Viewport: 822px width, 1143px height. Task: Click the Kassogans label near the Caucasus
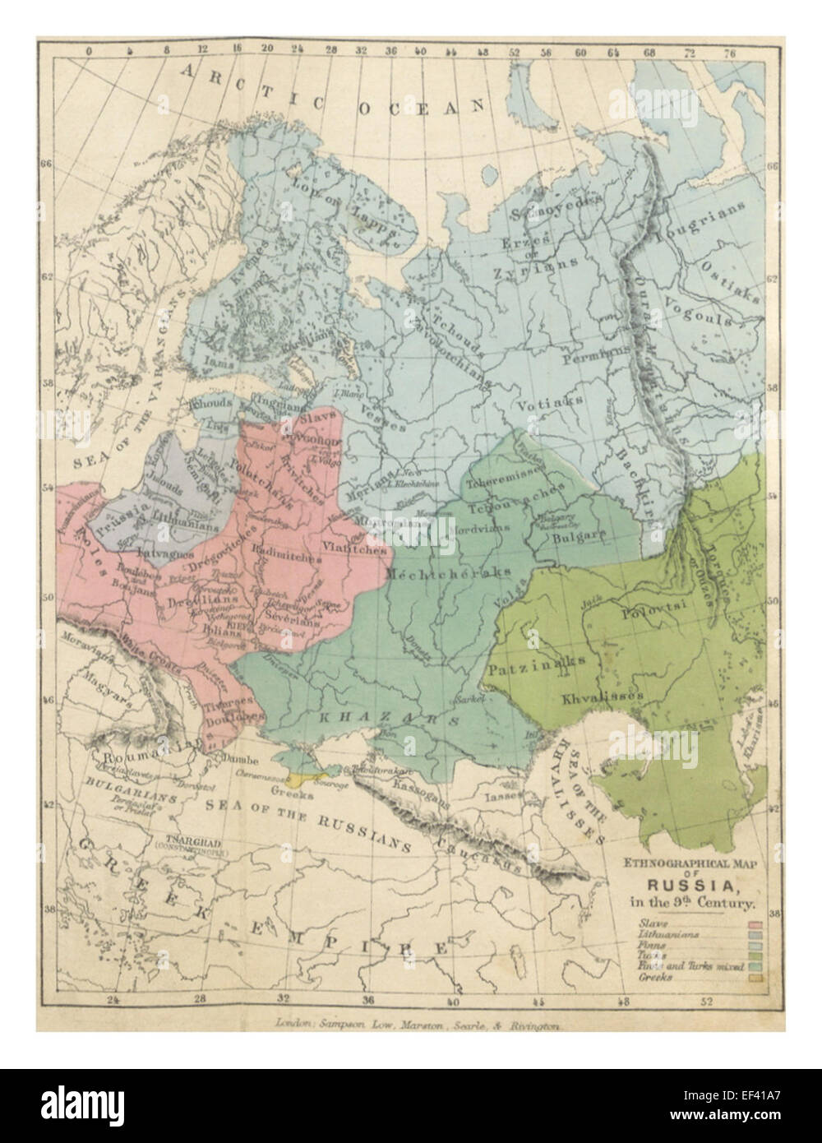418,787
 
